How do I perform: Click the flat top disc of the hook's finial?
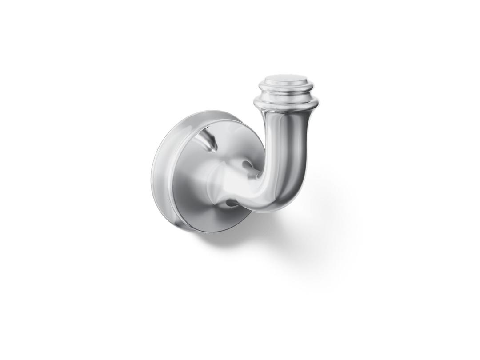coord(285,80)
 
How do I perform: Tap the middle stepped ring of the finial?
coord(285,92)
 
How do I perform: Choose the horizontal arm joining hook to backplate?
coord(242,182)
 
